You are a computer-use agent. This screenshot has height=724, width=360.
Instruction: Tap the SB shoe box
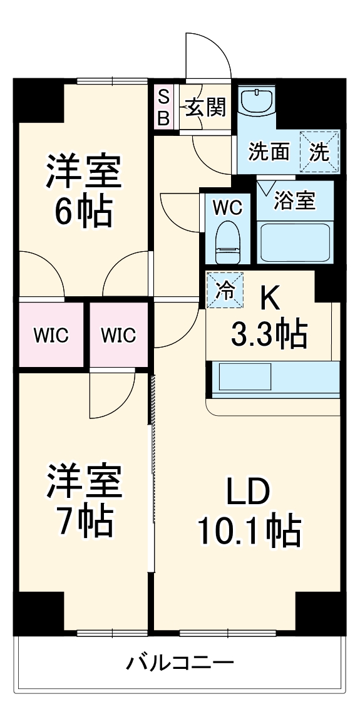pyautogui.click(x=163, y=108)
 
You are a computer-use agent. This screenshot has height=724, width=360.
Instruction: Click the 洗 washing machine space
pyautogui.click(x=319, y=152)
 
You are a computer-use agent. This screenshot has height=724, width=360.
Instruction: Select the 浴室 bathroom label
pyautogui.click(x=295, y=202)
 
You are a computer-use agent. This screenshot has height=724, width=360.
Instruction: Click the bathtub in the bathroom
pyautogui.click(x=294, y=242)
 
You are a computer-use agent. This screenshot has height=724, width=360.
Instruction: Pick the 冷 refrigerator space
pyautogui.click(x=225, y=291)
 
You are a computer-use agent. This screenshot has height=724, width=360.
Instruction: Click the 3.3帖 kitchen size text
pyautogui.click(x=269, y=335)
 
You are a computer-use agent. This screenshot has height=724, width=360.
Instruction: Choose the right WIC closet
pyautogui.click(x=118, y=335)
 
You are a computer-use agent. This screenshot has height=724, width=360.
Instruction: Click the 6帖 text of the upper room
pyautogui.click(x=83, y=214)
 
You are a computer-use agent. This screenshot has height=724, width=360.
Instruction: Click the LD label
pyautogui.click(x=249, y=492)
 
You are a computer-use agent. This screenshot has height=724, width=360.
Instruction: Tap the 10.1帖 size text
pyautogui.click(x=249, y=531)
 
